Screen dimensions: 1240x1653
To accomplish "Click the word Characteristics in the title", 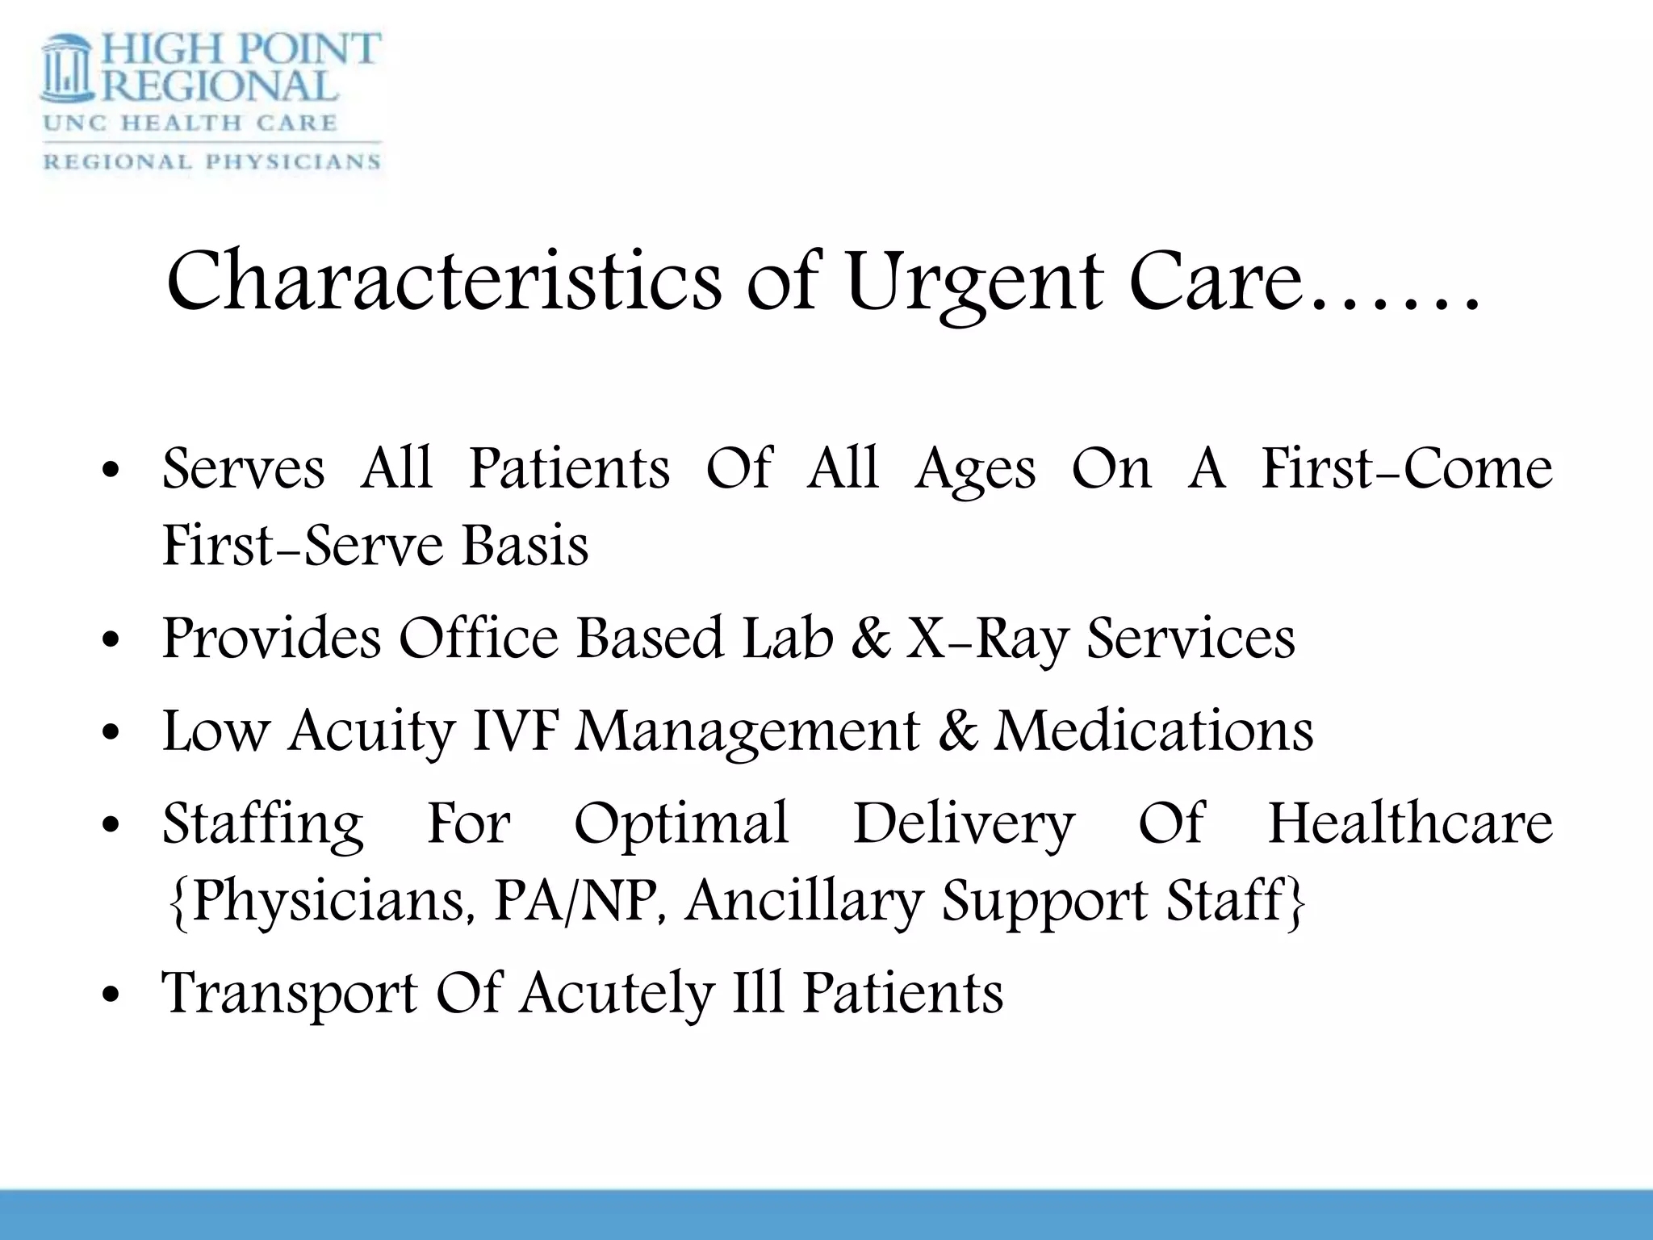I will click(x=443, y=280).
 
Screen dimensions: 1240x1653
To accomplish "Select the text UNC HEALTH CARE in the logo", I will click(x=190, y=123).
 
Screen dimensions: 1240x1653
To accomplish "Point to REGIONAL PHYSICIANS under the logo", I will click(x=211, y=161).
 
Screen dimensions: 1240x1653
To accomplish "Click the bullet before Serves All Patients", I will click(x=112, y=471).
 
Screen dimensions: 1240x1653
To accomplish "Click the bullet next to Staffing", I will click(x=112, y=825).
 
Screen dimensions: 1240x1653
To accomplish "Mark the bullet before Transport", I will click(x=112, y=995).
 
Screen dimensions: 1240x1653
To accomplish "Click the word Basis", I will click(x=525, y=546).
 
